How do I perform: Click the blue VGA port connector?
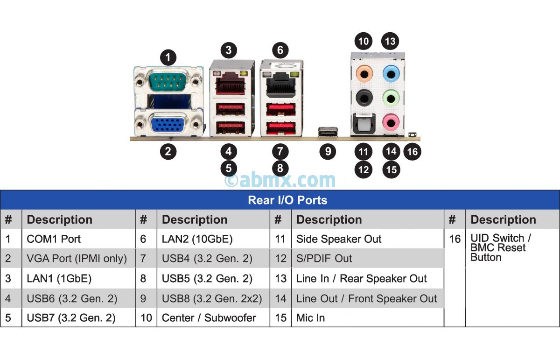pyautogui.click(x=168, y=124)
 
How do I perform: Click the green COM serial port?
pyautogui.click(x=168, y=80)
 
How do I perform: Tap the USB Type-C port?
pyautogui.click(x=328, y=132)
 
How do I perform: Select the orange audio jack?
pyautogui.click(x=364, y=74)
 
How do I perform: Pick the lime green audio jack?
pyautogui.click(x=391, y=99)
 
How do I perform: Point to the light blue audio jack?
pyautogui.click(x=391, y=74)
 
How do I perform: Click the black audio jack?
pyautogui.click(x=364, y=98)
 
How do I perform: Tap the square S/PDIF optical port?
pyautogui.click(x=364, y=123)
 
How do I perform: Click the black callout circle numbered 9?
pyautogui.click(x=328, y=151)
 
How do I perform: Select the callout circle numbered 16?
pyautogui.click(x=412, y=152)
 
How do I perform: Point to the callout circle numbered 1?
pyautogui.click(x=168, y=57)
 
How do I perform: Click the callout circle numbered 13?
pyautogui.click(x=390, y=41)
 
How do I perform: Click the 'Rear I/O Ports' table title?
pyautogui.click(x=287, y=200)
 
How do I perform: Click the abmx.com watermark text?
pyautogui.click(x=280, y=180)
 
